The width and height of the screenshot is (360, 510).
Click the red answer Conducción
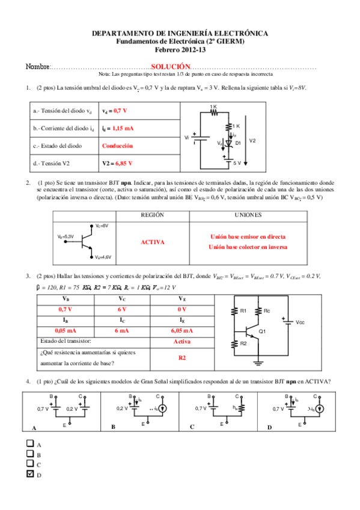pyautogui.click(x=117, y=146)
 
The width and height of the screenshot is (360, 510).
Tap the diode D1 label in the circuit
pyautogui.click(x=237, y=143)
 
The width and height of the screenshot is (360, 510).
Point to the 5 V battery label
pyautogui.click(x=237, y=163)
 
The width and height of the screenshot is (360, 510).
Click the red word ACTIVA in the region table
pyautogui.click(x=152, y=242)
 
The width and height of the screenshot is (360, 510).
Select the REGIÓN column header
pyautogui.click(x=152, y=215)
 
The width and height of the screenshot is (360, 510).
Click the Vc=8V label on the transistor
pyautogui.click(x=101, y=226)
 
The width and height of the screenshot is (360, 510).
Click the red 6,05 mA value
pyautogui.click(x=181, y=331)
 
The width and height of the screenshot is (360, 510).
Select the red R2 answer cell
pyautogui.click(x=182, y=357)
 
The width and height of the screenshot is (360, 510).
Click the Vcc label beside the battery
pyautogui.click(x=300, y=322)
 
